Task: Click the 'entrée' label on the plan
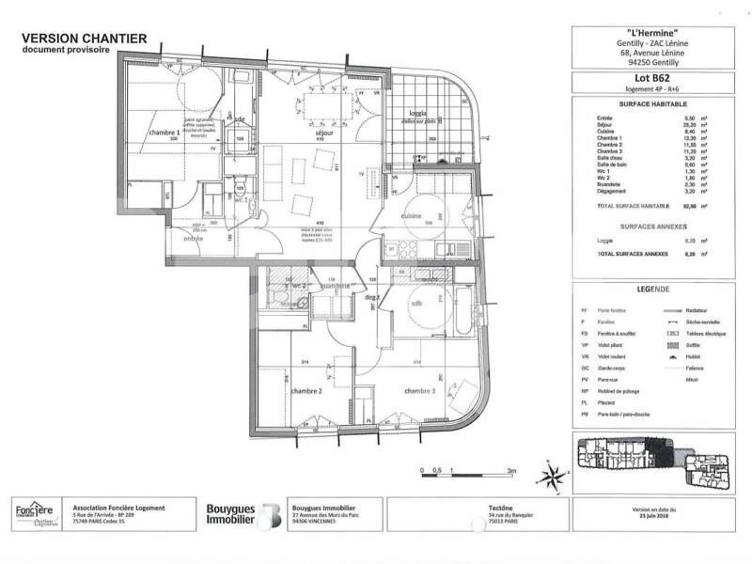coord(193,239)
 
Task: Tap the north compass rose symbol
coord(554,473)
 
